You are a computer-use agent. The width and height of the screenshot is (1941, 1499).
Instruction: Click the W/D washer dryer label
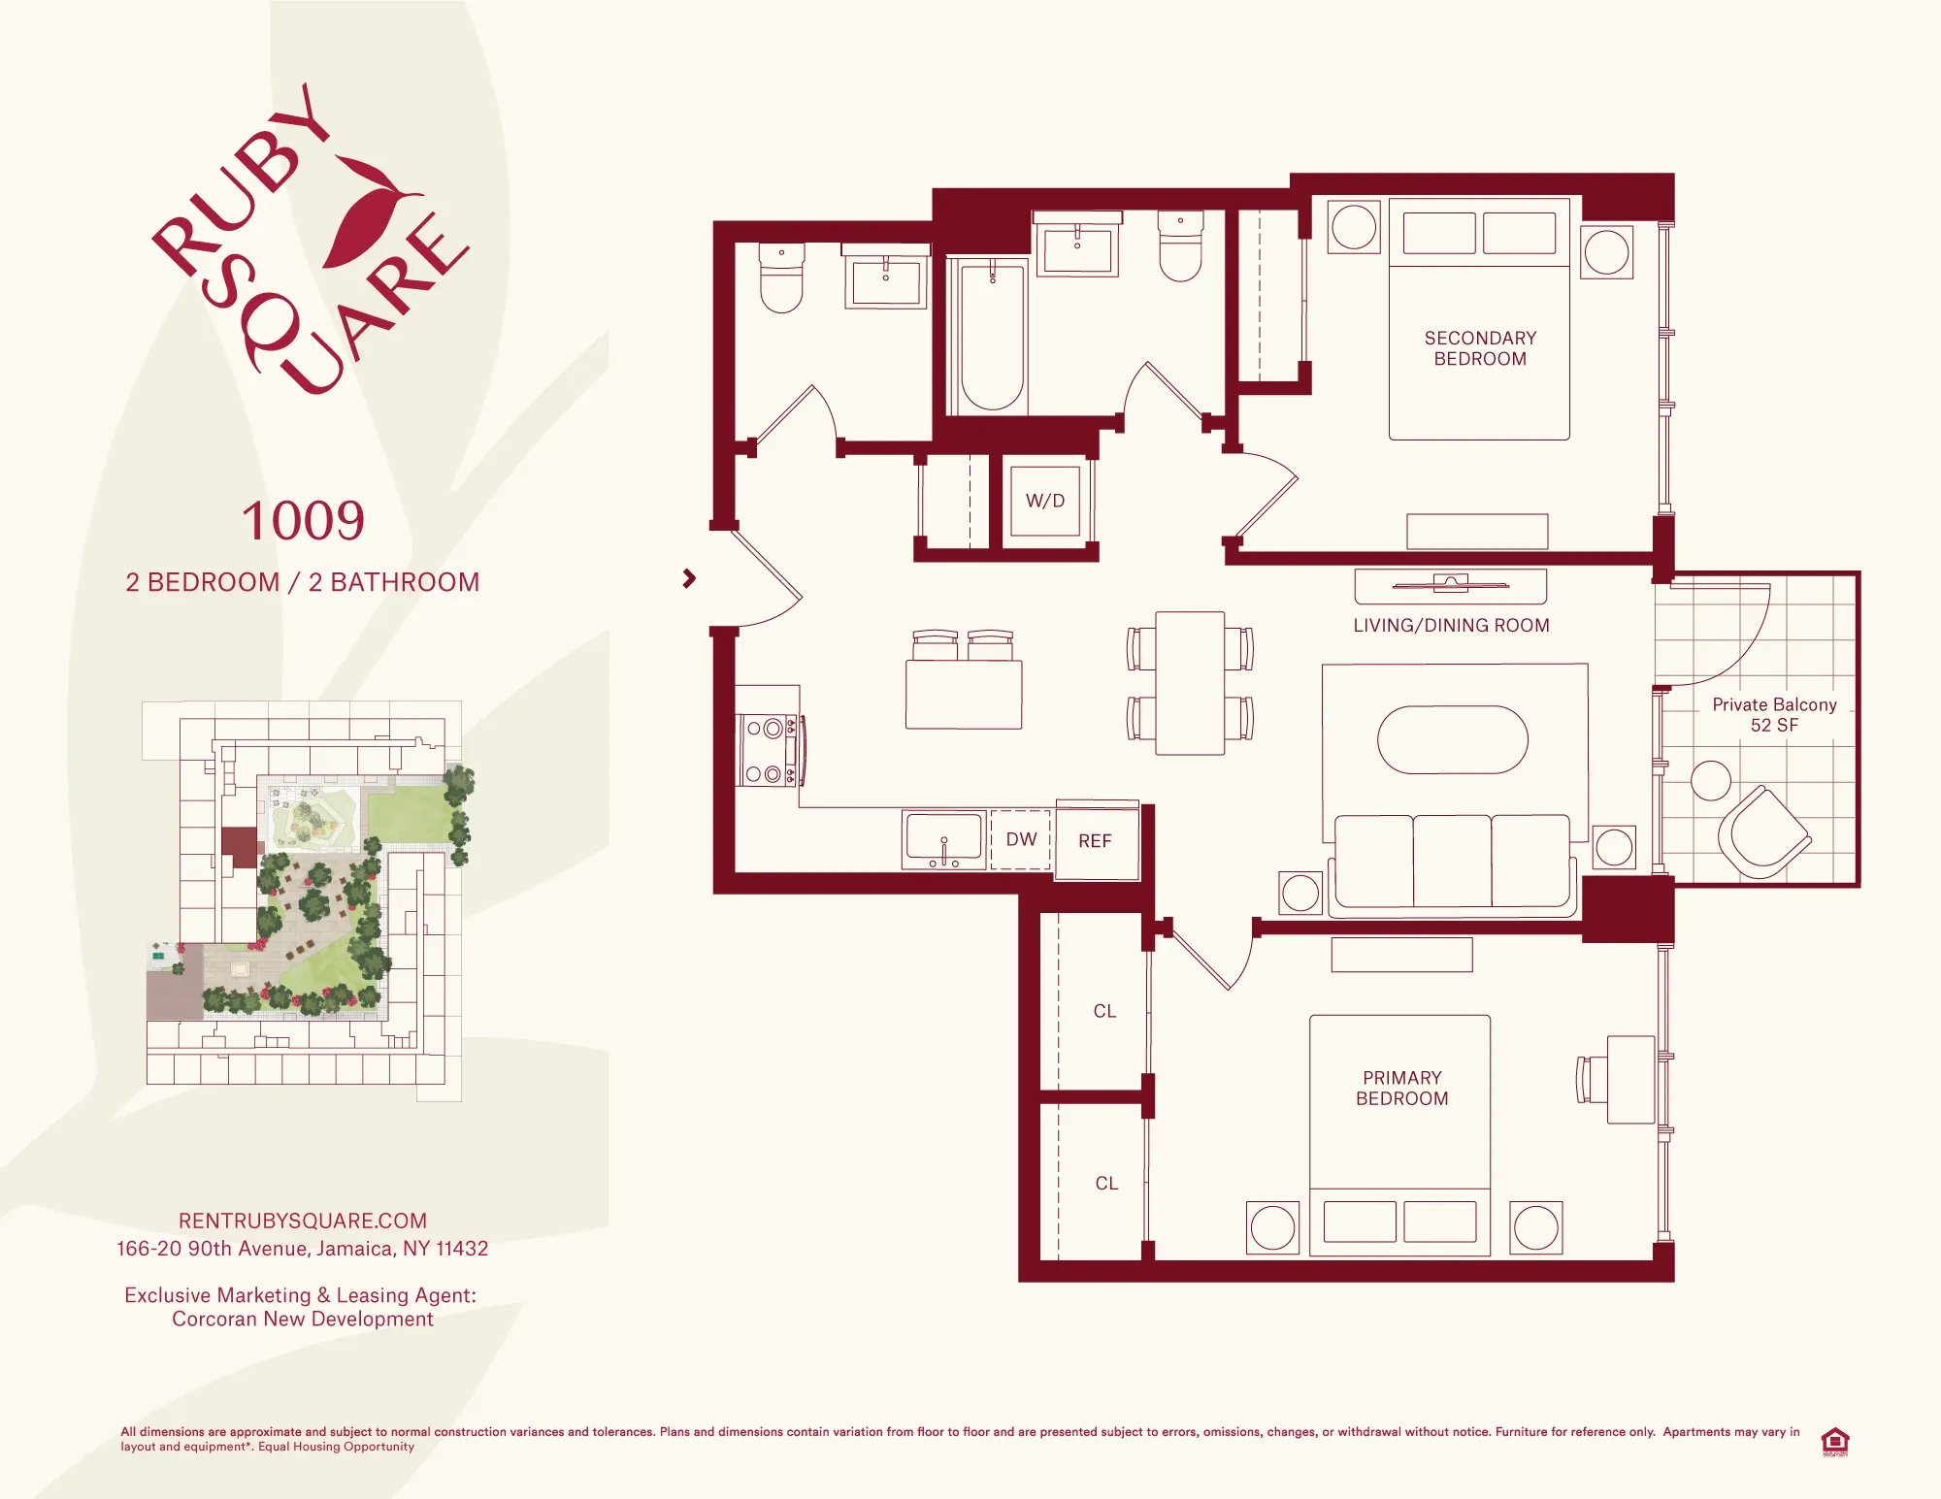tap(1045, 501)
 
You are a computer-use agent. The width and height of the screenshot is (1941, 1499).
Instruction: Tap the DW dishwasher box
tap(1021, 839)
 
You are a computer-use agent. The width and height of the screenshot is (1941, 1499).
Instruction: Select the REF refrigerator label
tap(1095, 841)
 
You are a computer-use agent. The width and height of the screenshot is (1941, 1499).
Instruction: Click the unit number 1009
tap(303, 521)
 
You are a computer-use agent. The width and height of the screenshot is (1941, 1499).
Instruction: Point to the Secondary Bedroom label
tap(1480, 348)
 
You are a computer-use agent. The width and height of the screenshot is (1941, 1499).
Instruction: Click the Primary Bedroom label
tap(1401, 1088)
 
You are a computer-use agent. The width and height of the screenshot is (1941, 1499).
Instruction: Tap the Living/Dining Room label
tap(1451, 626)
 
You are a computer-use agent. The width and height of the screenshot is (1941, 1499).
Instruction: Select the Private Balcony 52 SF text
tap(1774, 715)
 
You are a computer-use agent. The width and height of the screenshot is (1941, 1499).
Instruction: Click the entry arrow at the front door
tap(689, 579)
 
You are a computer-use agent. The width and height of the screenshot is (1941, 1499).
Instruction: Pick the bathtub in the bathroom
tap(992, 335)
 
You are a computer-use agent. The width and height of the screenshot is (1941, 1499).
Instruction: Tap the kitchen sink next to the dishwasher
tap(943, 839)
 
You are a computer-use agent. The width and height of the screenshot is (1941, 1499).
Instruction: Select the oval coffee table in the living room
tap(1453, 739)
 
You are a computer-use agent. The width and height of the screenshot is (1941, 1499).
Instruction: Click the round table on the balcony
tap(1710, 780)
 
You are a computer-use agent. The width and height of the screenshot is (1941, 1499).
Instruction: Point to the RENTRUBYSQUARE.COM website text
tap(303, 1221)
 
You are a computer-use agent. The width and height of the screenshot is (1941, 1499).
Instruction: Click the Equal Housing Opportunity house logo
tap(1834, 1440)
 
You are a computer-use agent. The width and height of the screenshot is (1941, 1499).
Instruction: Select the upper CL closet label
tap(1104, 1011)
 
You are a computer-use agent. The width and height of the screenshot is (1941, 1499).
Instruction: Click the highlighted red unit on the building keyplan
tap(239, 843)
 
